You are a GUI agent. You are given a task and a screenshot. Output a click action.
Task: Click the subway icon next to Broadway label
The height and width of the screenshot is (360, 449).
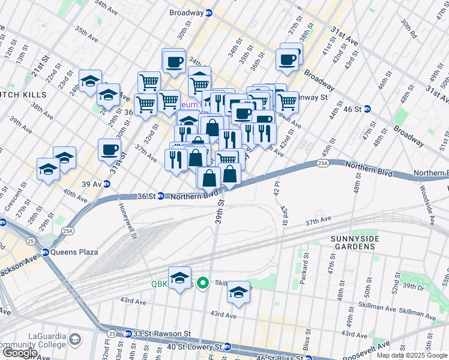[209, 13]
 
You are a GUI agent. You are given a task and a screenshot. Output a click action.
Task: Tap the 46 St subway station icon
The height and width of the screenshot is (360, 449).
[367, 109]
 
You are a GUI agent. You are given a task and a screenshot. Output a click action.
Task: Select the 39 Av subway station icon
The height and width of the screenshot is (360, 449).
[107, 184]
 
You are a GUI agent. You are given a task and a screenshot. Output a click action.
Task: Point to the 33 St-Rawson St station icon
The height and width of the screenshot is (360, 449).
[128, 334]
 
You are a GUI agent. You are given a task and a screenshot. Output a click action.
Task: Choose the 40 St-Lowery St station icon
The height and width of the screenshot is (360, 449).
[228, 346]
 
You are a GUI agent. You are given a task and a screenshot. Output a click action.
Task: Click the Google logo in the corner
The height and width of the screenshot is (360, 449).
[19, 353]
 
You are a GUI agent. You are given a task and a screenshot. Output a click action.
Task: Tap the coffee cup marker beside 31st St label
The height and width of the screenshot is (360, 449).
[109, 149]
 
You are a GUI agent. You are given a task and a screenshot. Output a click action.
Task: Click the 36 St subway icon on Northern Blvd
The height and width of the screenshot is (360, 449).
[161, 196]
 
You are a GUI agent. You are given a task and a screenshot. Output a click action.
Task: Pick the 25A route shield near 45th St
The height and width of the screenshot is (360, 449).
[339, 163]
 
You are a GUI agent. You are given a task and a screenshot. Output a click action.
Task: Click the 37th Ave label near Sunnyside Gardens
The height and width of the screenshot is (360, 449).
[319, 221]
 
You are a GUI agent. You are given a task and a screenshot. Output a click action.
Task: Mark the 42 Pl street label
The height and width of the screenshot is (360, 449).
[276, 190]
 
